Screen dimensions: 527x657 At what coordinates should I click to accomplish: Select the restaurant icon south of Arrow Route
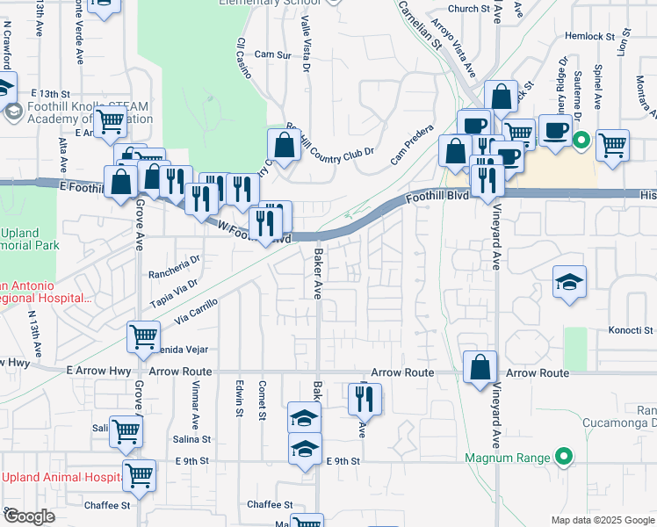click(x=362, y=400)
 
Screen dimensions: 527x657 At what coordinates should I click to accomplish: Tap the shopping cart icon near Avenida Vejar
click(x=144, y=336)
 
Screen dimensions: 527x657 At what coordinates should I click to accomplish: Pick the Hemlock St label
click(x=588, y=36)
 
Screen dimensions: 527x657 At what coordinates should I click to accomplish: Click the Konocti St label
click(x=632, y=331)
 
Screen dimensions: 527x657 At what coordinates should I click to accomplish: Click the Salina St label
click(x=192, y=439)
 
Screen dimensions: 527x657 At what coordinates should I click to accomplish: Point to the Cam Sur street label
click(x=272, y=54)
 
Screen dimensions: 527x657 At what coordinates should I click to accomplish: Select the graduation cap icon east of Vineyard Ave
click(x=570, y=283)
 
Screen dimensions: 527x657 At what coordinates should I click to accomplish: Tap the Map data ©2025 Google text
click(x=602, y=520)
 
